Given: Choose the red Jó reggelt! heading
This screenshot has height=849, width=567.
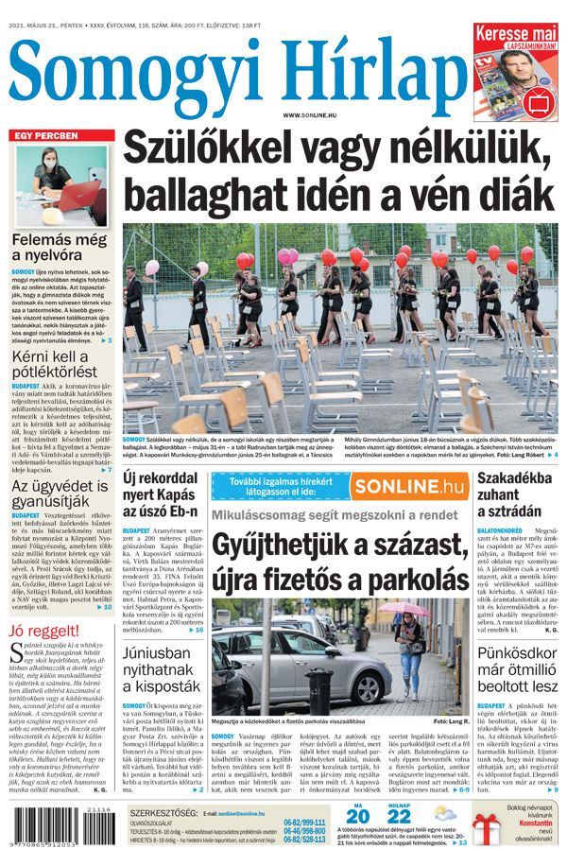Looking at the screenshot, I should click(43, 631).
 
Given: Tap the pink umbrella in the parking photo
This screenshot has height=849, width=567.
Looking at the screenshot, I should click(409, 612).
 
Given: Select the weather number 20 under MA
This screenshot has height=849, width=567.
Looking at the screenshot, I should click(357, 816).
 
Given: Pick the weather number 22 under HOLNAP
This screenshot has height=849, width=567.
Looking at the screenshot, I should click(399, 816).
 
